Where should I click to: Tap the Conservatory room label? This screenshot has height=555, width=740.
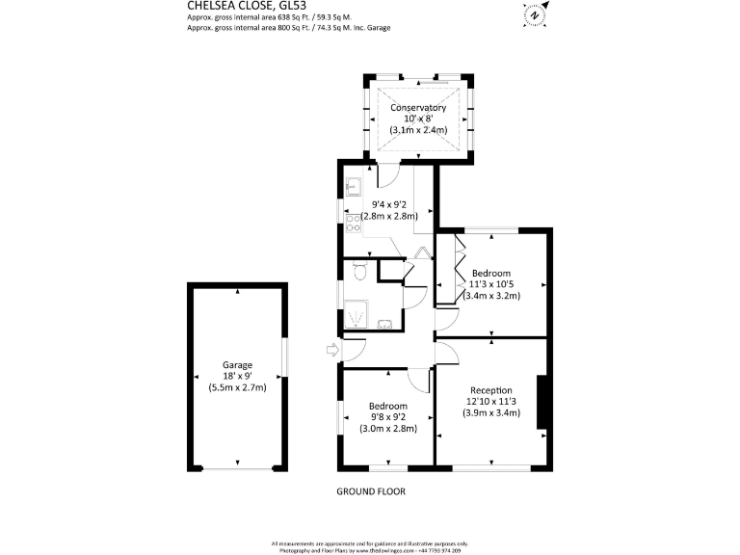[417, 107]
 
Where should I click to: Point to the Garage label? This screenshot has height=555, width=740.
[237, 365]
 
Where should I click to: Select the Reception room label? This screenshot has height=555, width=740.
[491, 389]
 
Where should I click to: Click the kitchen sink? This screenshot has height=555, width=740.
[353, 187]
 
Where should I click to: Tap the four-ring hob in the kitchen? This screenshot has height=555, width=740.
[353, 224]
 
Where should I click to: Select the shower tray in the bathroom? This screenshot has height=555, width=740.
[357, 311]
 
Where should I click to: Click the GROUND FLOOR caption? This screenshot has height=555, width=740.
[370, 491]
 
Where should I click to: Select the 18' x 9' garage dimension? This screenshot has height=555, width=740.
[237, 377]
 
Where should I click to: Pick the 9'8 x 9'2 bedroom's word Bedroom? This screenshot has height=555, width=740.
[387, 406]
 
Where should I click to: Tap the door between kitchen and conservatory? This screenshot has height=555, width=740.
[387, 174]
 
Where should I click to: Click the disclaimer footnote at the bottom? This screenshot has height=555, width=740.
[370, 545]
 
